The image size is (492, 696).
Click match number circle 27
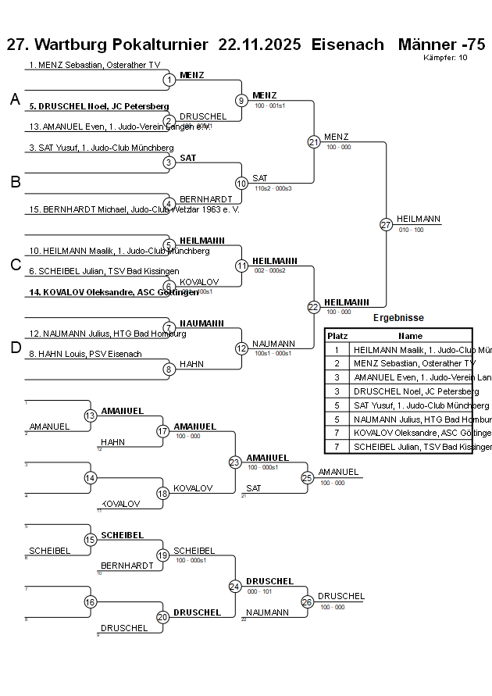click(386, 225)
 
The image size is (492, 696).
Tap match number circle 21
click(314, 142)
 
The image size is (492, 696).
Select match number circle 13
click(91, 416)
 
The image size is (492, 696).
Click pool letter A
click(15, 99)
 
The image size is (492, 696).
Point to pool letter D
click(15, 348)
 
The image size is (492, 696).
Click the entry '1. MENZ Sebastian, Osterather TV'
click(94, 65)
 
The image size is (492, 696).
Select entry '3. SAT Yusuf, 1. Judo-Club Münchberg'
click(101, 148)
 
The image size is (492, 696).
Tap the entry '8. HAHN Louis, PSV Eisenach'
click(85, 354)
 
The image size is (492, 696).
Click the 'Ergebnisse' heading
click(398, 318)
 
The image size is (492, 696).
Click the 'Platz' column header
click(337, 335)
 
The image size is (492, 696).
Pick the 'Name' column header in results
click(410, 335)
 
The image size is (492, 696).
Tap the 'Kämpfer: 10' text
click(445, 57)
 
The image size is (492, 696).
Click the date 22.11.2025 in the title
click(259, 44)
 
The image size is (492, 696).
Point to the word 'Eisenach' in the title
click(348, 44)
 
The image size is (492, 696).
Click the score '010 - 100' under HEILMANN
click(411, 230)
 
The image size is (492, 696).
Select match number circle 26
click(307, 602)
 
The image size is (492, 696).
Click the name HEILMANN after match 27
click(418, 220)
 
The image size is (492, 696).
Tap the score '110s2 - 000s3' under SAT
click(273, 188)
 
